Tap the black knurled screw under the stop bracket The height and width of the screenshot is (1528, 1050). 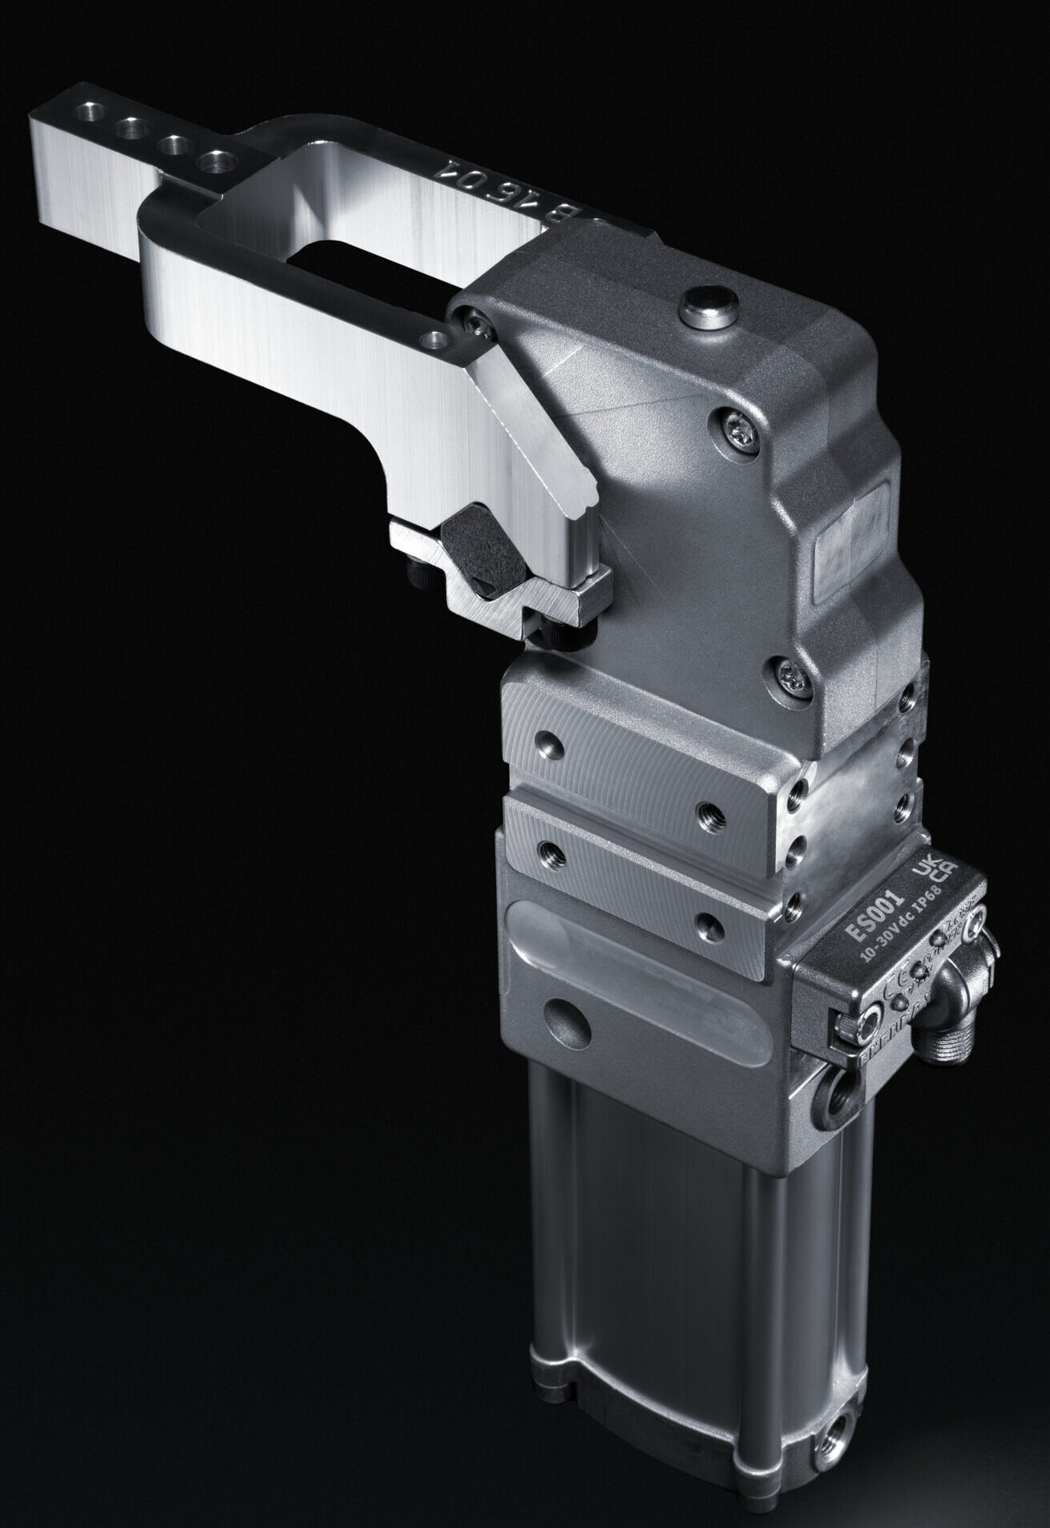[565, 633]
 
